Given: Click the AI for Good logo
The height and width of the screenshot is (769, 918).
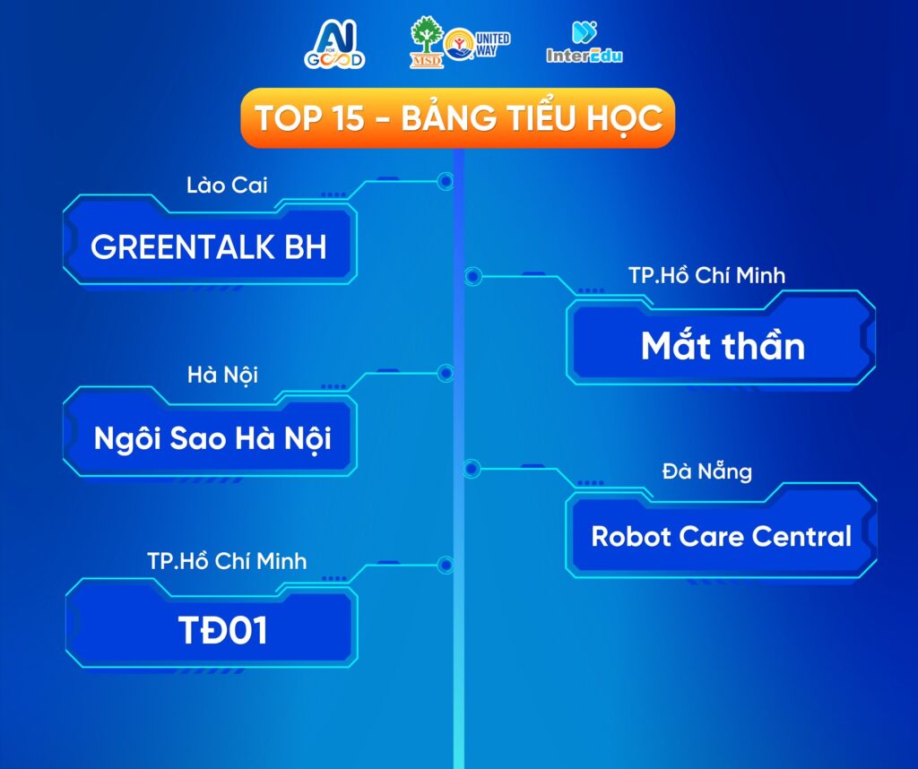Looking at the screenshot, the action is (334, 45).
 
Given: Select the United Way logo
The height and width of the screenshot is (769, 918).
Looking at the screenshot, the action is (477, 45).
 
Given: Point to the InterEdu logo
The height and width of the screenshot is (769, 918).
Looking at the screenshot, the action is (585, 42).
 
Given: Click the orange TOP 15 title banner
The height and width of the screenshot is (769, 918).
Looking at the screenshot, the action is (458, 117).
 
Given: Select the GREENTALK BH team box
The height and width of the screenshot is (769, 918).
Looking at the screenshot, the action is (210, 246).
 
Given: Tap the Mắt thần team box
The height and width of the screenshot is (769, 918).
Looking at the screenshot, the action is (722, 345).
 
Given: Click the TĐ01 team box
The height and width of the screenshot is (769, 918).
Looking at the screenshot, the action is (212, 630).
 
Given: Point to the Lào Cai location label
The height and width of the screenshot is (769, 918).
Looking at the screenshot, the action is (227, 186).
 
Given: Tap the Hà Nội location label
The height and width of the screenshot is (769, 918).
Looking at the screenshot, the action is (222, 376).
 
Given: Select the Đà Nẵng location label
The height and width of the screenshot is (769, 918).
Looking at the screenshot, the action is (707, 471).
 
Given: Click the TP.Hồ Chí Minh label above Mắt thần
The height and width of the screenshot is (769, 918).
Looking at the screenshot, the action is (707, 276).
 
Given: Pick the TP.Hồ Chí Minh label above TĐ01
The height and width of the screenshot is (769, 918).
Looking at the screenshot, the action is (227, 561).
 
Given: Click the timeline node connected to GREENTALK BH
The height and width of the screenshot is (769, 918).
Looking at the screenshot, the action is (446, 181).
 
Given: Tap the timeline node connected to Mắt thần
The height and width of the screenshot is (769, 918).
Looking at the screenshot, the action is (473, 276).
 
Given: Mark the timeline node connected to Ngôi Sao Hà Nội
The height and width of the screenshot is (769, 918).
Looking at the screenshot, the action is (446, 373).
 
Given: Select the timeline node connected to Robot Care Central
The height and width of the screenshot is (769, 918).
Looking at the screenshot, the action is (472, 468).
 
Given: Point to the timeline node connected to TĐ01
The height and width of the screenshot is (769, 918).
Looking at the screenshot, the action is (446, 565).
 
